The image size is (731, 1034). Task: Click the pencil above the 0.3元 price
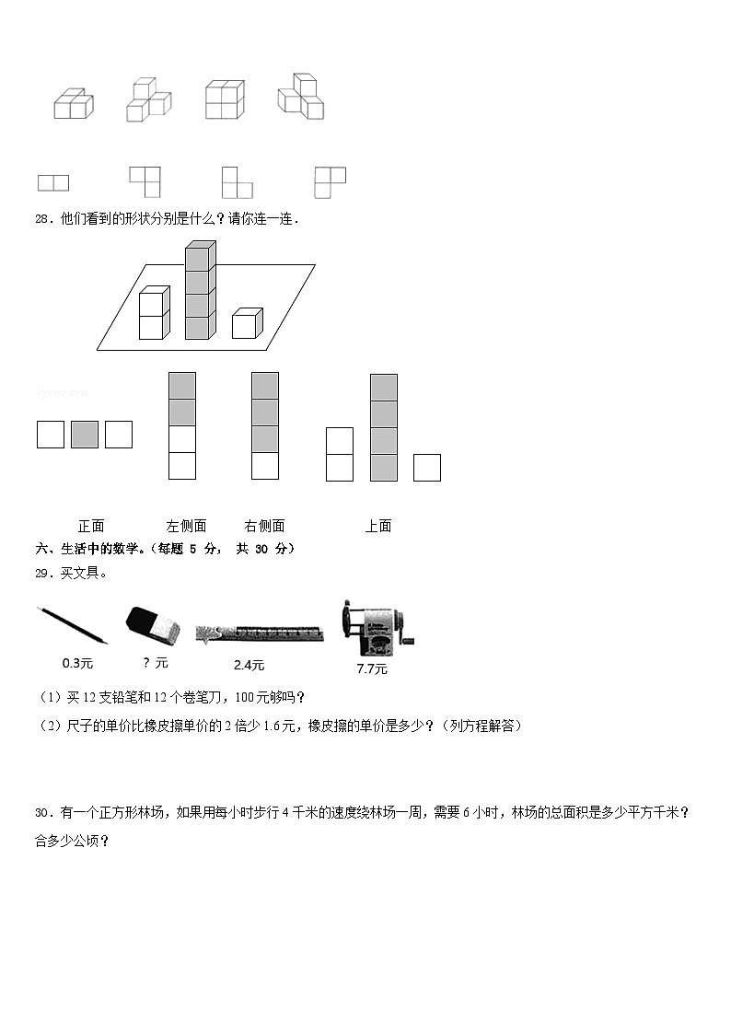pyautogui.click(x=72, y=623)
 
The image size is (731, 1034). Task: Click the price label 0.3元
pyautogui.click(x=77, y=663)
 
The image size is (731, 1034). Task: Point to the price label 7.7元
pyautogui.click(x=372, y=668)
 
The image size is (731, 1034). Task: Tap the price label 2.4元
pyautogui.click(x=249, y=665)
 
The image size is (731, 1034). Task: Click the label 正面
pyautogui.click(x=91, y=526)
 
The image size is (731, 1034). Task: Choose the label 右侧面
pyautogui.click(x=264, y=526)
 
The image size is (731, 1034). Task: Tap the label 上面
pyautogui.click(x=377, y=526)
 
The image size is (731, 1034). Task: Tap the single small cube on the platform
pyautogui.click(x=246, y=323)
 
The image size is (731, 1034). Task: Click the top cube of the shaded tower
pyautogui.click(x=200, y=255)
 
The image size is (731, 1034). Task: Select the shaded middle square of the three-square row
pyautogui.click(x=85, y=435)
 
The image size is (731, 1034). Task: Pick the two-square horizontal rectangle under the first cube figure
pyautogui.click(x=53, y=182)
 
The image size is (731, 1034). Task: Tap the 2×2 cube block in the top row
pyautogui.click(x=225, y=99)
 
